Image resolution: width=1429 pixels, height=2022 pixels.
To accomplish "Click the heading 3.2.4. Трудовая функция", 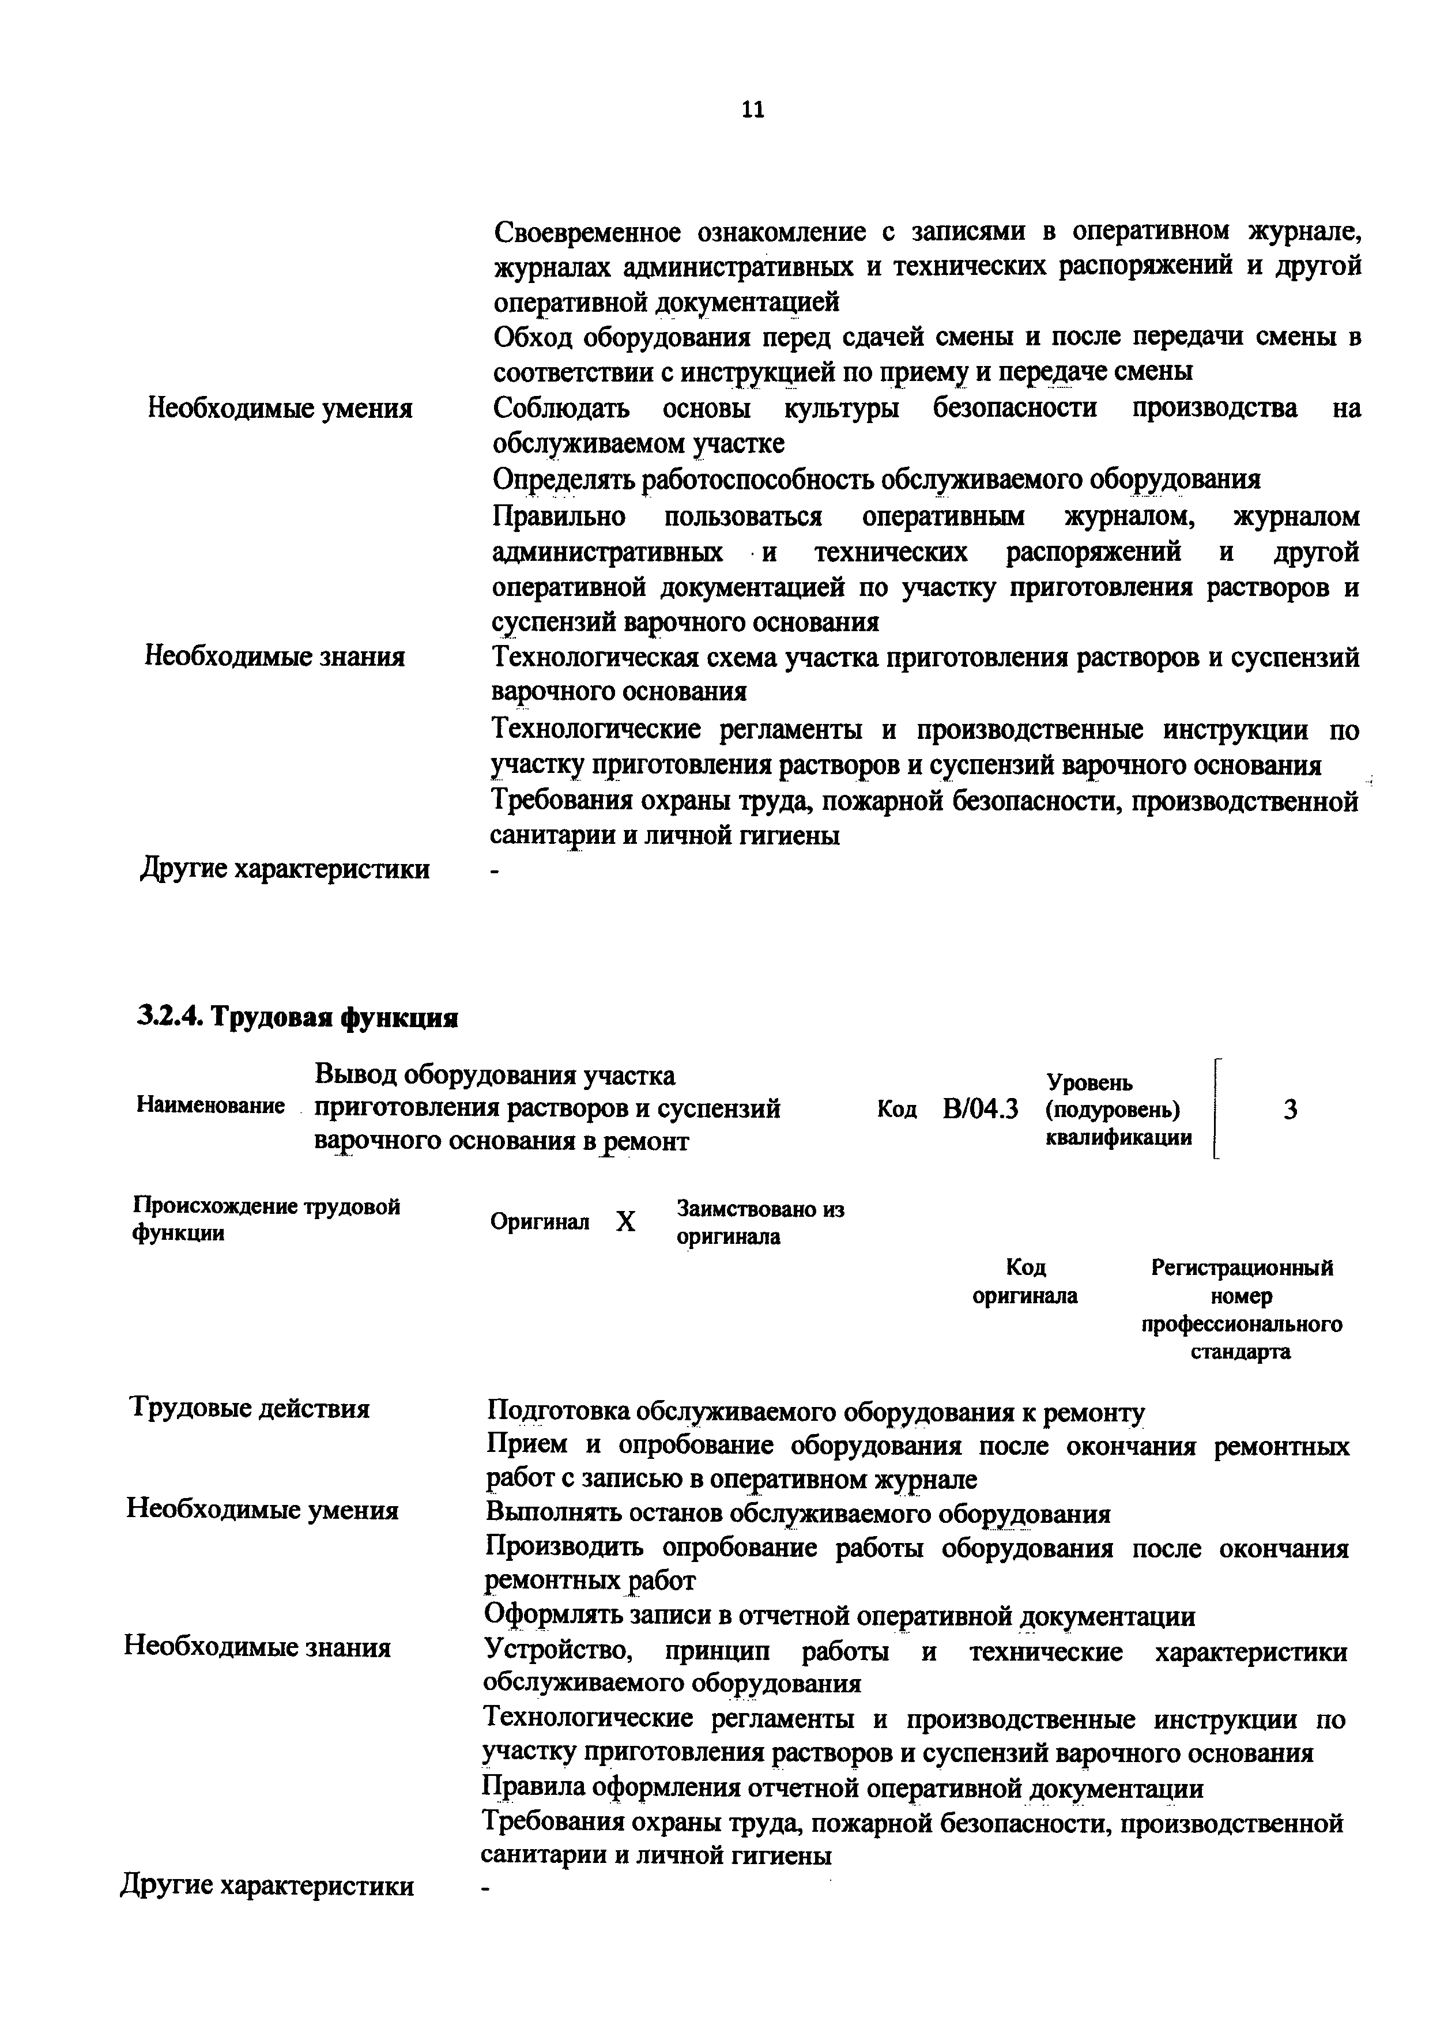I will pos(297,1018).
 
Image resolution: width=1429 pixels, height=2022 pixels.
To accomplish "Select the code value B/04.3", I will pos(980,1110).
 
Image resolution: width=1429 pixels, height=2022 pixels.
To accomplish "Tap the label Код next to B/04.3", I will pos(896,1110).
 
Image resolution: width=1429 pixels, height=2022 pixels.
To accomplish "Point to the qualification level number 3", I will pos(1290,1111).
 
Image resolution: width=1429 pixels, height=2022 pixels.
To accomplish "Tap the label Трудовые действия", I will pos(250,1408).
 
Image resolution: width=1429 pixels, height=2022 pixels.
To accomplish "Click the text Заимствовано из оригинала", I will pos(760,1223).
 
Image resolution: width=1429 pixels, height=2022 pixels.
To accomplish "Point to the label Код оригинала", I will pos(1025,1281).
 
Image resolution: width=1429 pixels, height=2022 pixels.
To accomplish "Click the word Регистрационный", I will pos(1242,1268).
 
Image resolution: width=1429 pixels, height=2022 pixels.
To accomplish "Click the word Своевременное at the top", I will pos(587,232).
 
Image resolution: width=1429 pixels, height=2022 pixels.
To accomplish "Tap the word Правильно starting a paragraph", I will pos(559,516).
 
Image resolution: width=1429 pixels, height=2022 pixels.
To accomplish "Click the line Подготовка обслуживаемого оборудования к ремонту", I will pos(815,1412).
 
